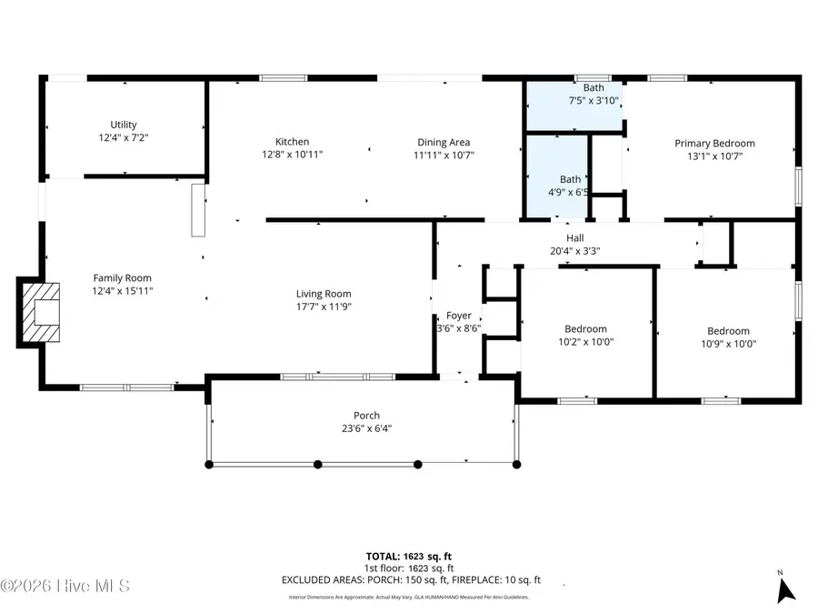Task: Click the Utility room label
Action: (124, 125)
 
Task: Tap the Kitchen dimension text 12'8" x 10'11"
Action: (293, 155)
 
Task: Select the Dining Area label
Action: (444, 142)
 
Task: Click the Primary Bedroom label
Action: (714, 143)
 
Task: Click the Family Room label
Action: (123, 278)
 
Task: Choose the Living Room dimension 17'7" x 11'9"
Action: (324, 307)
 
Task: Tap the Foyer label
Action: (459, 316)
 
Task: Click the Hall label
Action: (574, 237)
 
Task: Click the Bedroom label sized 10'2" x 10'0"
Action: (586, 329)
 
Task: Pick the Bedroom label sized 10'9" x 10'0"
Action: (728, 331)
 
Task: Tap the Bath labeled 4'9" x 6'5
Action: (570, 179)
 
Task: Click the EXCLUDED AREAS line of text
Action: (411, 579)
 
